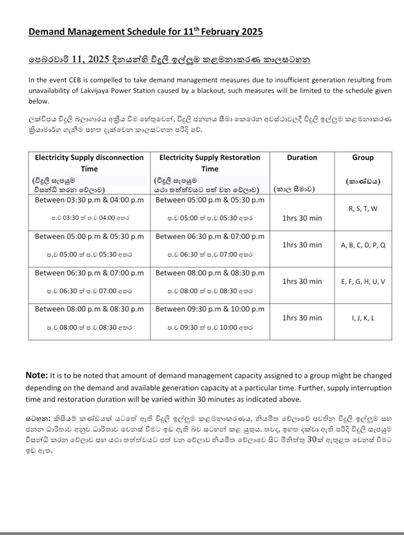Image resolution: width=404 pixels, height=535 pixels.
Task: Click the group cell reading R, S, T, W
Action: point(362,209)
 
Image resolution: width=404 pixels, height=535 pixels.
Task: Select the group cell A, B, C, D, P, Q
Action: point(363,245)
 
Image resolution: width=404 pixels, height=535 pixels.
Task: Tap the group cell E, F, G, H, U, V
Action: point(363,281)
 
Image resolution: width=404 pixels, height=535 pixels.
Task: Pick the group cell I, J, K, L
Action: point(363,318)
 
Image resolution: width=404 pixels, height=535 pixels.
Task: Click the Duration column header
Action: point(302,157)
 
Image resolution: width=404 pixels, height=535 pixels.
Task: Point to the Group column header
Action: point(363,157)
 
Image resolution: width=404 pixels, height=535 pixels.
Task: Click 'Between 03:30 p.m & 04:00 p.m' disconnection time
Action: point(89,200)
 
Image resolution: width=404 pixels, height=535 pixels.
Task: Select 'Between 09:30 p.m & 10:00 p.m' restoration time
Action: point(210,309)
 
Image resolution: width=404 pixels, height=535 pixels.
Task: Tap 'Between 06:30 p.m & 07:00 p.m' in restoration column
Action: point(210,236)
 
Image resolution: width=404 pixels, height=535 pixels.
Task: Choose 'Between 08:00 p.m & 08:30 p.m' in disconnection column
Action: point(89,309)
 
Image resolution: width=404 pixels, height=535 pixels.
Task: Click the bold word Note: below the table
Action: point(36,375)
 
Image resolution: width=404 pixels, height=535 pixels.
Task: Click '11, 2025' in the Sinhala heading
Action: point(91,59)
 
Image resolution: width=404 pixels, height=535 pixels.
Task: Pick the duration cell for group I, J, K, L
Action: point(302,318)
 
